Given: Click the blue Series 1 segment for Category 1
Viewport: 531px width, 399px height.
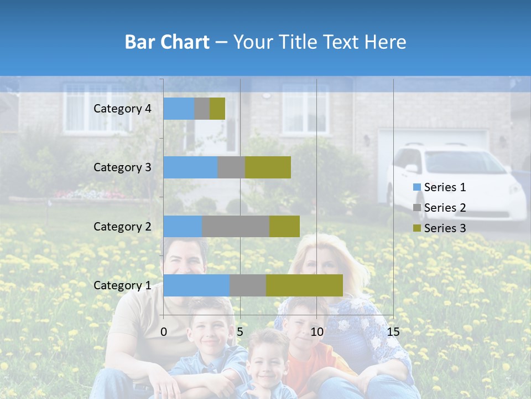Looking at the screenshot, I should (196, 285).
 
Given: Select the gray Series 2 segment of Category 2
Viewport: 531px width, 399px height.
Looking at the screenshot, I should (236, 226).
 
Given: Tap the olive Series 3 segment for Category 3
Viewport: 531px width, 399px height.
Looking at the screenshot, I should (268, 167).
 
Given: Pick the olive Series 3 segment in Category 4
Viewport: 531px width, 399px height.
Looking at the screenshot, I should (217, 109).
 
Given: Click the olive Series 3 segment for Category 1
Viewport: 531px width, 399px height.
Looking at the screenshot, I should (304, 285).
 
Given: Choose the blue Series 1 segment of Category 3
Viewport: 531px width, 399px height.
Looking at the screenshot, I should (190, 167).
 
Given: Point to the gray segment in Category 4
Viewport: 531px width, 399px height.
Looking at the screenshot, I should (202, 109).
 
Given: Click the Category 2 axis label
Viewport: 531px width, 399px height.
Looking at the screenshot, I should (122, 226).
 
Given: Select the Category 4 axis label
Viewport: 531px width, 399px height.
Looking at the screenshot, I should (122, 109).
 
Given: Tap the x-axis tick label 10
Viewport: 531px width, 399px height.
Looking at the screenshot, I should (316, 332).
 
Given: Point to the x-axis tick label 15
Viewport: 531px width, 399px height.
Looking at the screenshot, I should (393, 332).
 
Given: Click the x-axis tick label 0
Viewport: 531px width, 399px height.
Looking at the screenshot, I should (164, 332).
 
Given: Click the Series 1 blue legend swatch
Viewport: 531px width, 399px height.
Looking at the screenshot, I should (417, 187).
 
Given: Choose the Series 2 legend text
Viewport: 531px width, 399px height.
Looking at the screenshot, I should (445, 208).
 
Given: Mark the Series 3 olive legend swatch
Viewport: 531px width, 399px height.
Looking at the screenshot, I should (417, 228).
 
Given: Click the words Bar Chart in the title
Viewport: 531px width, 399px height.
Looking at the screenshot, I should (167, 42).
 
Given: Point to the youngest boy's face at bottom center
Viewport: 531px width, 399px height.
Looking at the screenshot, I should (267, 363).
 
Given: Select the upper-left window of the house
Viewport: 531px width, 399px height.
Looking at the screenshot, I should (88, 108).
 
